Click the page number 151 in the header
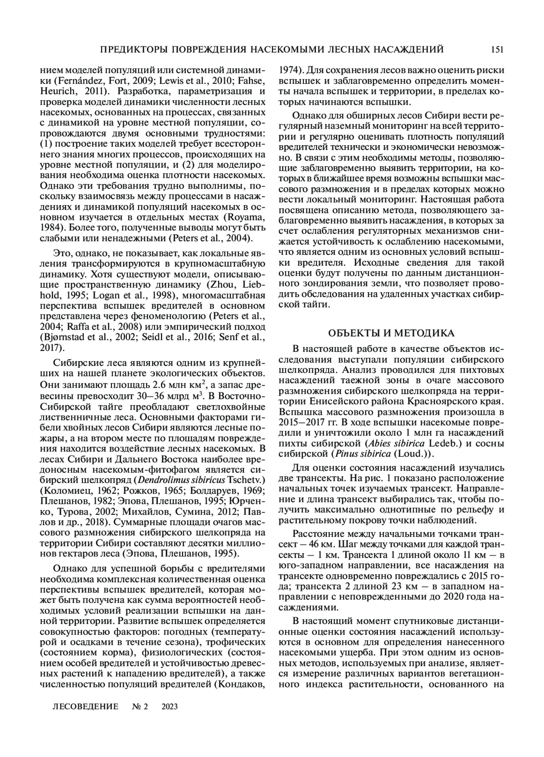(x=497, y=49)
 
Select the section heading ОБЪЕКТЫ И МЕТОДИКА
(x=391, y=333)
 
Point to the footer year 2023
(x=169, y=707)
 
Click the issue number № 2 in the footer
(x=140, y=707)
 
